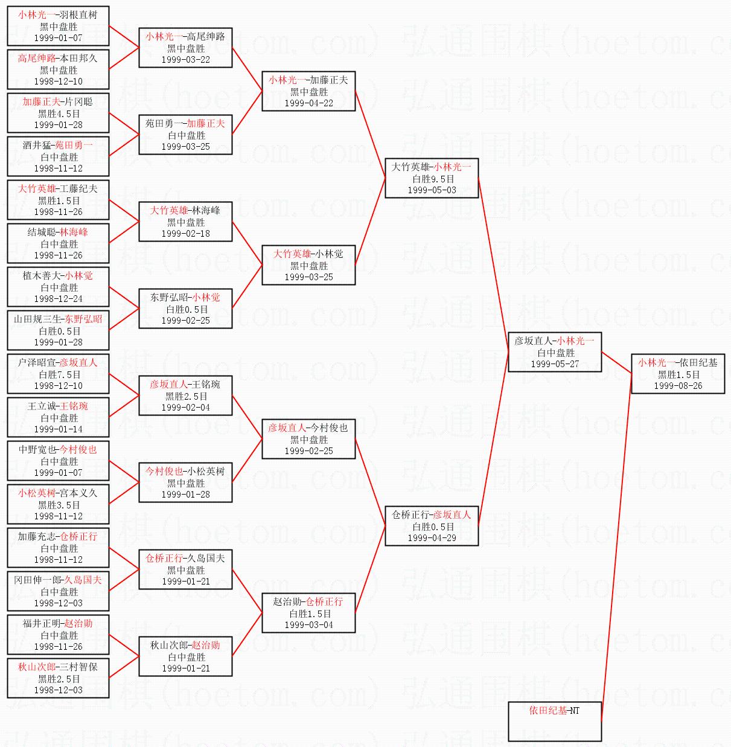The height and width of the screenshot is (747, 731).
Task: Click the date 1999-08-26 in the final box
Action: [678, 386]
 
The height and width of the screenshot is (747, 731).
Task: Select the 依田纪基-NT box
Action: [555, 721]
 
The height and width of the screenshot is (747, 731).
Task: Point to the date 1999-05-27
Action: [555, 364]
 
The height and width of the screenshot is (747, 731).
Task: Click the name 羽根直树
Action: [78, 14]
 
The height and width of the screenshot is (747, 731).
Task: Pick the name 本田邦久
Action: [78, 58]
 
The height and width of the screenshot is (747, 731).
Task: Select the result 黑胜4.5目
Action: [59, 114]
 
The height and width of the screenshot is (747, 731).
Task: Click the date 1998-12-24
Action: [58, 299]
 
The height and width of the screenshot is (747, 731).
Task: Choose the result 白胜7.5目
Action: [60, 374]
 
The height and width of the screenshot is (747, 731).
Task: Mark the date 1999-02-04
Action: [186, 408]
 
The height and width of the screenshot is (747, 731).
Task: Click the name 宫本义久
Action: [78, 493]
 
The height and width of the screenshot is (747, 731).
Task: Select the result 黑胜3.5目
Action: [59, 505]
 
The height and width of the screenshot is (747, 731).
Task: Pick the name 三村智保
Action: [78, 667]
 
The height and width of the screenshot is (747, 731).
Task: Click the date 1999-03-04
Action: [309, 625]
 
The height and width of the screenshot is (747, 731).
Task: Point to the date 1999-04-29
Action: [432, 537]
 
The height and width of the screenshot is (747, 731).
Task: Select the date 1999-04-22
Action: [309, 103]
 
